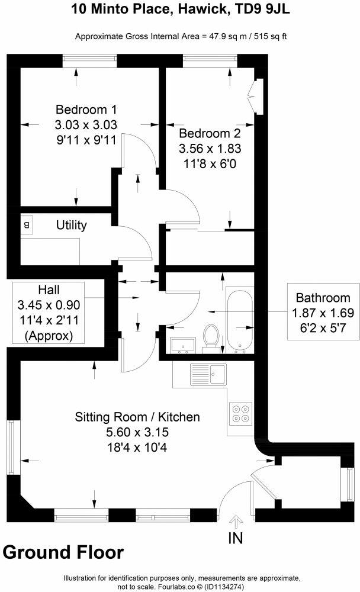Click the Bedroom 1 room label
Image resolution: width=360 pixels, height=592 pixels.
86,110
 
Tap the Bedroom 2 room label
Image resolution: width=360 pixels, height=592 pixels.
210,133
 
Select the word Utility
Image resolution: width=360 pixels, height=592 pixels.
72,225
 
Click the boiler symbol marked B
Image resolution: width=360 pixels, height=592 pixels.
27,225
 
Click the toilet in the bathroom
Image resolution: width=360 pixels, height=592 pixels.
211,336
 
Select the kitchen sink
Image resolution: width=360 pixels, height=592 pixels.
208,374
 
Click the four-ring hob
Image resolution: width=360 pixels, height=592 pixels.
241,413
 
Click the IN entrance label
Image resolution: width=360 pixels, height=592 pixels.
235,538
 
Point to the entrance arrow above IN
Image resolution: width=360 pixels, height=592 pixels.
236,522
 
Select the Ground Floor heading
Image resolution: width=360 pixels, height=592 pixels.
63,552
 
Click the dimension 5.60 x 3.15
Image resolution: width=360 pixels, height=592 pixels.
137,432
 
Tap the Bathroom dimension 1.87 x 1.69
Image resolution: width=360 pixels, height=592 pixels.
323,313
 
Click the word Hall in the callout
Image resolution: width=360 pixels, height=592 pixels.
49,289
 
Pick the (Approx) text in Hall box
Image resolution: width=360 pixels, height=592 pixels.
49,335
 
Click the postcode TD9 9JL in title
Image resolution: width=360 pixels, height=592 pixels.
262,9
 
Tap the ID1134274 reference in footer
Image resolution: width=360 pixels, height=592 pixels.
227,587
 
